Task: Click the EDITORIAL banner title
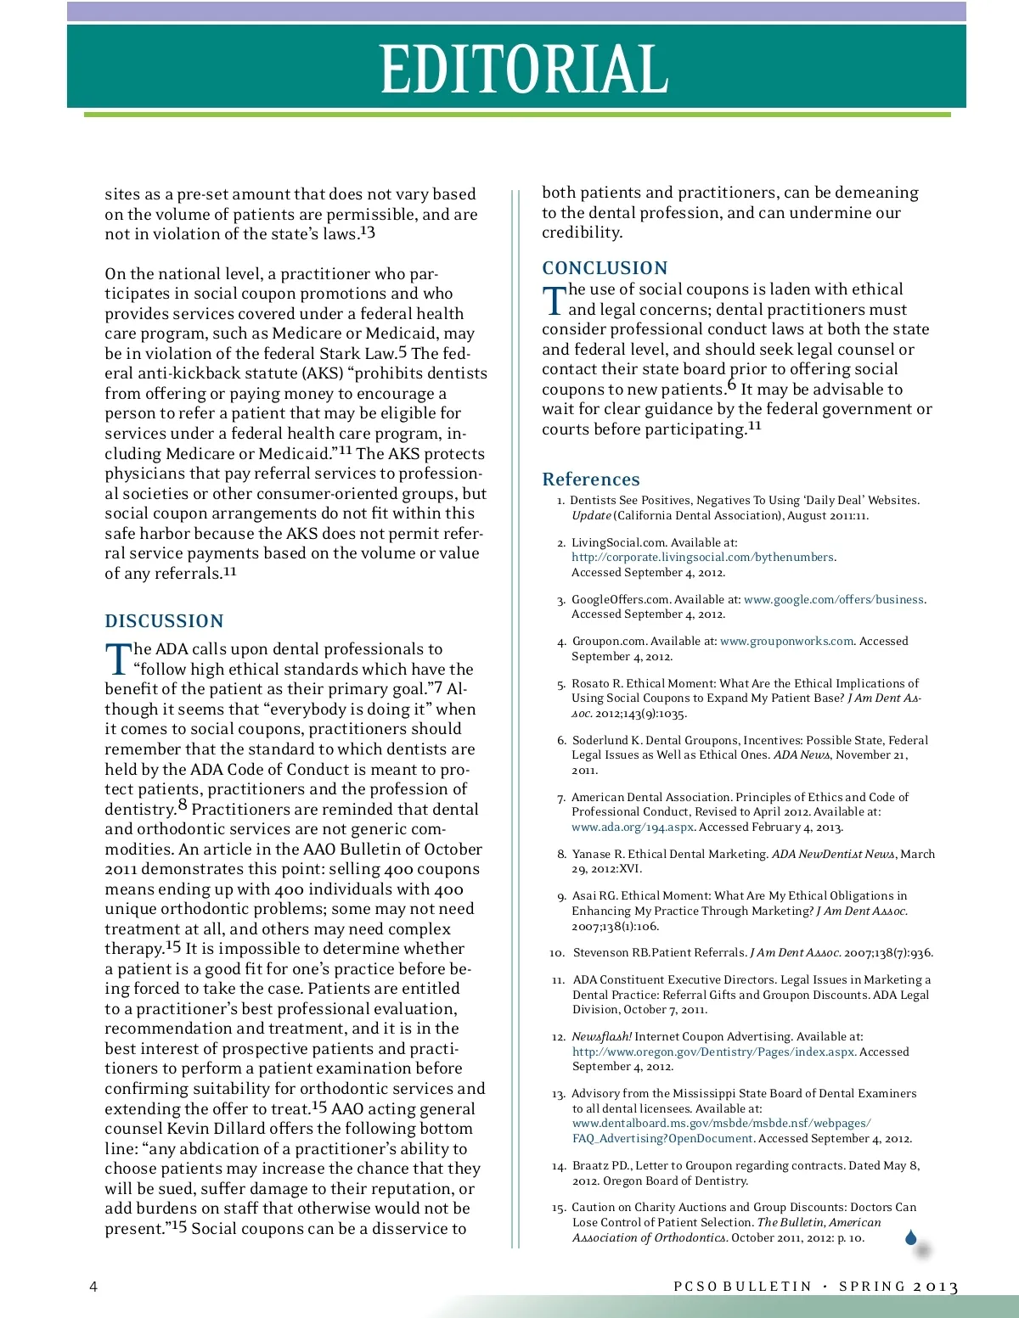[524, 69]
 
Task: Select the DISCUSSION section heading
[164, 621]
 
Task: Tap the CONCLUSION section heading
[605, 268]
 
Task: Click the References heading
[591, 480]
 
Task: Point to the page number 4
[93, 1287]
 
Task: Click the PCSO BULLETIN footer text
[742, 1287]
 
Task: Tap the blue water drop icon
[911, 1237]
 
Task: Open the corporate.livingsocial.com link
[703, 558]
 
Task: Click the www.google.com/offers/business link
[834, 600]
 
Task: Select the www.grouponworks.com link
[786, 642]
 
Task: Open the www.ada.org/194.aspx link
[633, 827]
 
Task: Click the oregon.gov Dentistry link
[713, 1052]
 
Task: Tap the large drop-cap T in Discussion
[118, 659]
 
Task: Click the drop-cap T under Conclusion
[554, 300]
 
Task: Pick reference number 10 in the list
[557, 953]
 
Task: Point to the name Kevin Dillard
[219, 1129]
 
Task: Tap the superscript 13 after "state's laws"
[367, 232]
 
